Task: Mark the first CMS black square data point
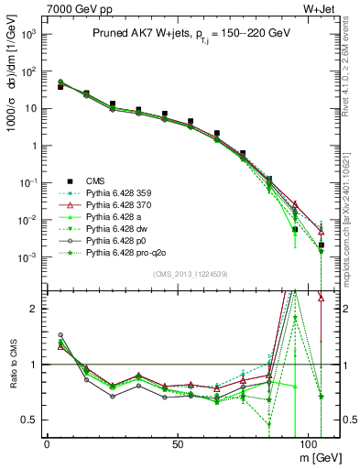tap(60, 86)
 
